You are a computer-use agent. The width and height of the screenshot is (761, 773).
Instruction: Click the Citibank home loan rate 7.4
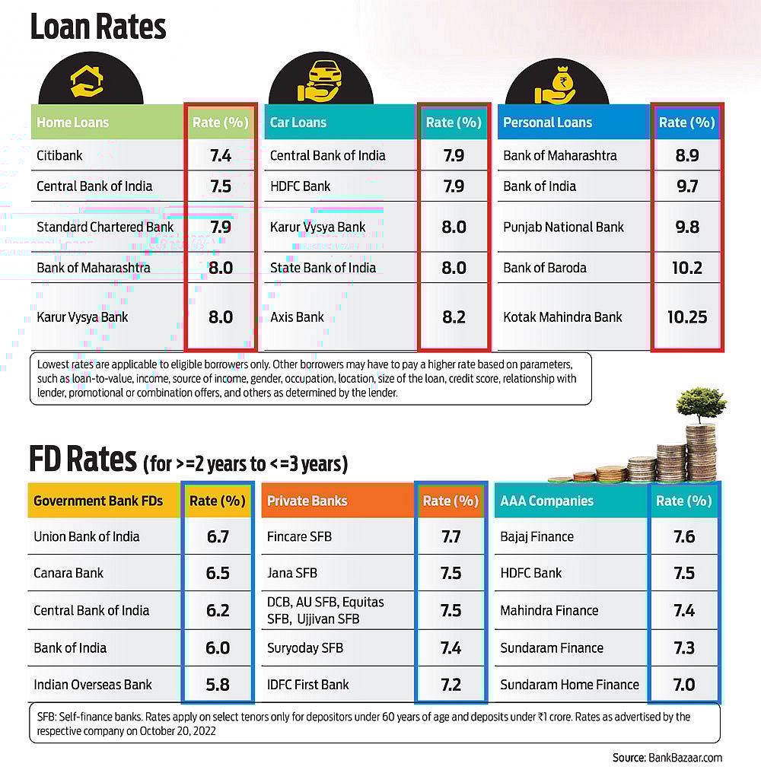pyautogui.click(x=221, y=156)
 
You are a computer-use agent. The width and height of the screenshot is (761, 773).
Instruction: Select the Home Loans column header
pyautogui.click(x=73, y=122)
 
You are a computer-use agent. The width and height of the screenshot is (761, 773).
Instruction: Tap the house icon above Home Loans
pyautogui.click(x=87, y=82)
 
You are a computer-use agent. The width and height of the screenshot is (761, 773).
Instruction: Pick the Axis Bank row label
pyautogui.click(x=297, y=317)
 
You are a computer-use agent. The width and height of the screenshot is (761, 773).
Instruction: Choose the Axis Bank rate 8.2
pyautogui.click(x=454, y=317)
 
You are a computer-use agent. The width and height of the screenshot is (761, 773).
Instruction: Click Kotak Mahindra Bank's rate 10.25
pyautogui.click(x=687, y=317)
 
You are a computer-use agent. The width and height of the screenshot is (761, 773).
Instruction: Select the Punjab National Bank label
pyautogui.click(x=563, y=227)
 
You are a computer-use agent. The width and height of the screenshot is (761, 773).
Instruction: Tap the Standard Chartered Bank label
pyautogui.click(x=105, y=227)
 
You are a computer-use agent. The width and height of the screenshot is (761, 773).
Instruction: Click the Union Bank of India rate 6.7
pyautogui.click(x=218, y=536)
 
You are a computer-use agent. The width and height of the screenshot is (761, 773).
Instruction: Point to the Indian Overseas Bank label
pyautogui.click(x=93, y=685)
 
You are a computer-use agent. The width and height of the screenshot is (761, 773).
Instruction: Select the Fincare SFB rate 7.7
pyautogui.click(x=451, y=536)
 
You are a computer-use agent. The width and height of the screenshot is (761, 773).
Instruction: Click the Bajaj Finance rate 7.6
pyautogui.click(x=684, y=536)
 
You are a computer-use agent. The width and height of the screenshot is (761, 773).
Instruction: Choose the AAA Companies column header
pyautogui.click(x=546, y=501)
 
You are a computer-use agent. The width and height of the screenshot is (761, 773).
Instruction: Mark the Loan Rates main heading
pyautogui.click(x=97, y=27)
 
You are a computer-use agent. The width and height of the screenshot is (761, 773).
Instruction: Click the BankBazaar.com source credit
pyautogui.click(x=667, y=758)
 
